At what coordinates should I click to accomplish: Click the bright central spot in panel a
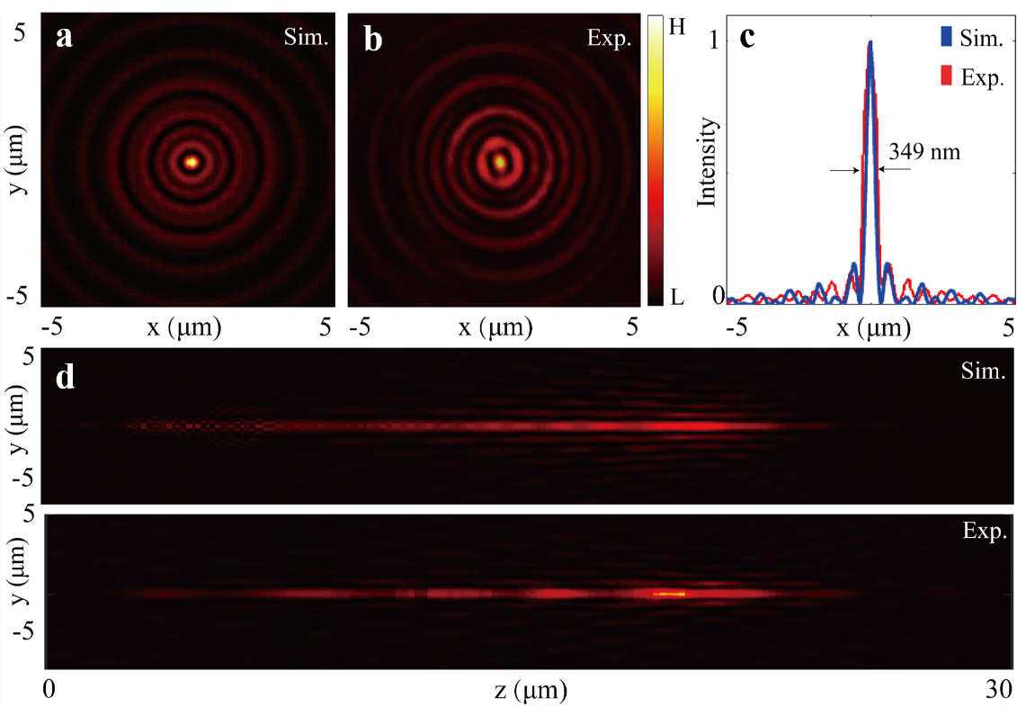tap(191, 162)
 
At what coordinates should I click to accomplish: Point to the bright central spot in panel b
tap(500, 162)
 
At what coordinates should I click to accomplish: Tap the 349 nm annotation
tap(924, 152)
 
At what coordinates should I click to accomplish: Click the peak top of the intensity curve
tap(870, 42)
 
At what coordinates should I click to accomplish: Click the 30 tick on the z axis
tap(997, 690)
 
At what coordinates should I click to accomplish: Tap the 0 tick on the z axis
tap(50, 690)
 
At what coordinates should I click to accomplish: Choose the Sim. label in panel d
tap(986, 371)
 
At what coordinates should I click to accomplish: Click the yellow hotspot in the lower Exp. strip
tap(670, 594)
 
